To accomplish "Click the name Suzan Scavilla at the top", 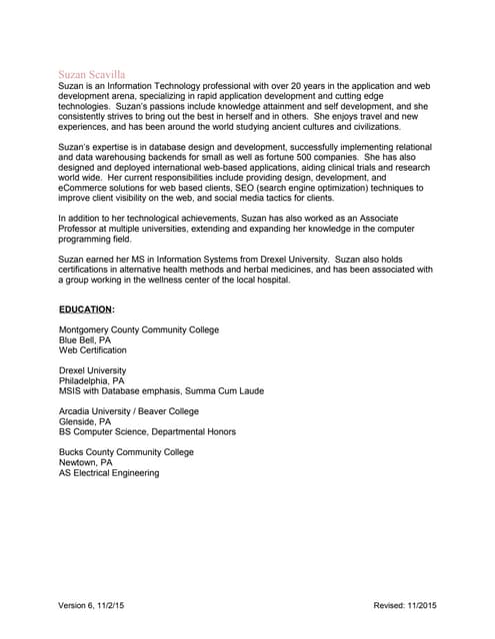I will coord(92,75).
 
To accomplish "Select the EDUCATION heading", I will coord(86,310).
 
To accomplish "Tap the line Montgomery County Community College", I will coord(139,330).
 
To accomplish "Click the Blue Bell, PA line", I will coord(85,340).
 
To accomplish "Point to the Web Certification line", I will coord(93,350).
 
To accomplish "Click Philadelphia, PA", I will coord(92,380).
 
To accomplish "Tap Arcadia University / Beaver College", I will coord(129,411).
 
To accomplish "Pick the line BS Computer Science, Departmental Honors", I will coord(148,432).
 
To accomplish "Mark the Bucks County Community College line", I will coord(126,452).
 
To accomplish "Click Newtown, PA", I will coord(86,462).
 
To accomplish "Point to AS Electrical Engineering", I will coord(109,473).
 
